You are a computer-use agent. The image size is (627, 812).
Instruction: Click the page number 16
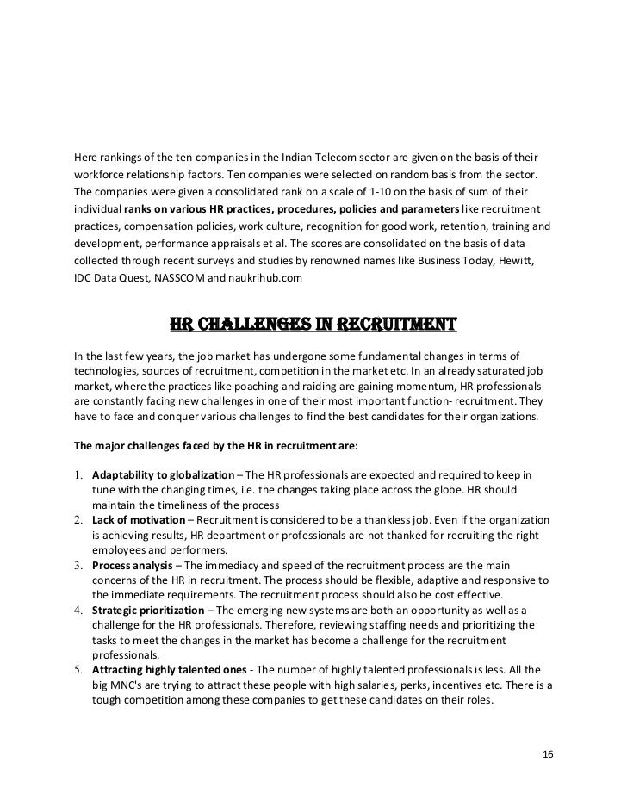(549, 755)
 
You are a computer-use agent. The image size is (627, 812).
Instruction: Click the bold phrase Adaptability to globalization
(163, 475)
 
